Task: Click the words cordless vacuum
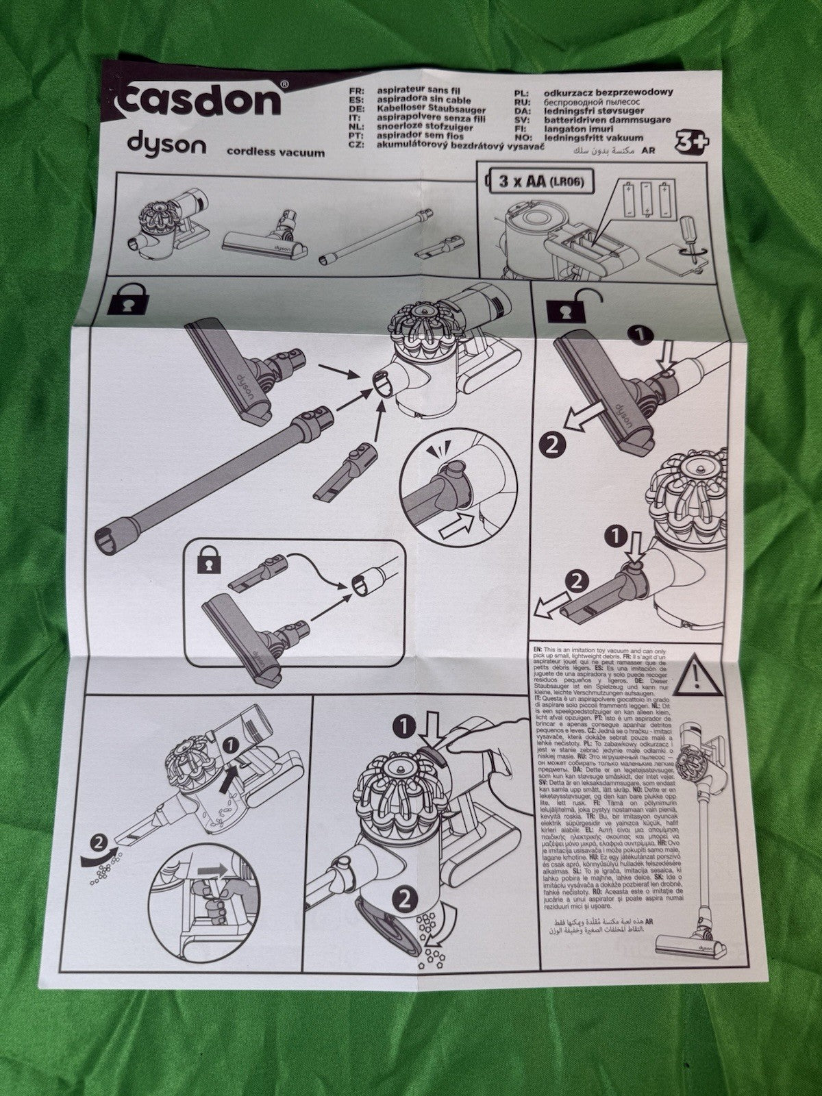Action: tap(275, 153)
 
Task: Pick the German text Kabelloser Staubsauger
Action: tap(426, 110)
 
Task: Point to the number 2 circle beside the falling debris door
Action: tap(404, 899)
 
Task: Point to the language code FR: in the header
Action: tap(356, 90)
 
